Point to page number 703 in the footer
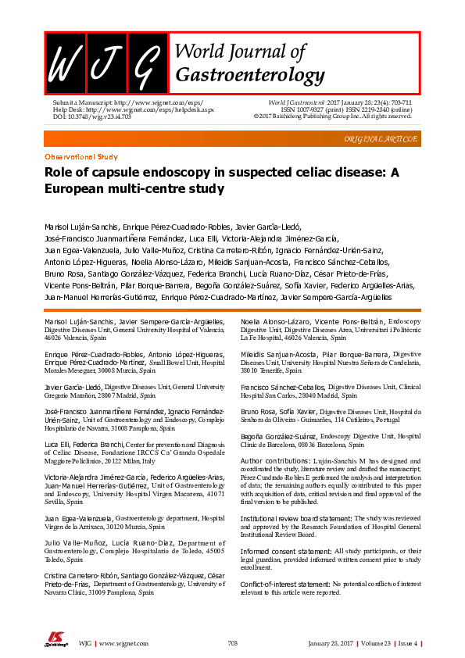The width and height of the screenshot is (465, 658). [232, 642]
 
